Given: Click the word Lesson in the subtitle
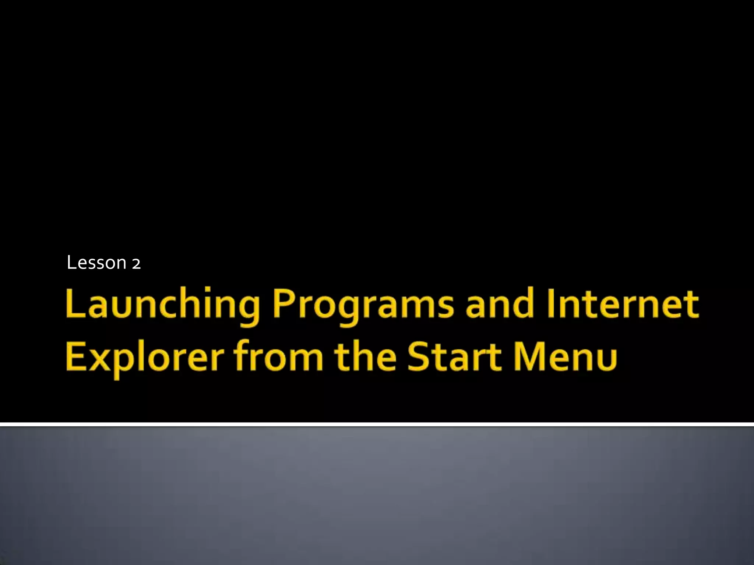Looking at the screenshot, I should pyautogui.click(x=96, y=263).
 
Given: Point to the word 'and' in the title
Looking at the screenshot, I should pyautogui.click(x=500, y=304).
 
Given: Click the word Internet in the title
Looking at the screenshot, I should pyautogui.click(x=623, y=304).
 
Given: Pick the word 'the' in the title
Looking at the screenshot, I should pyautogui.click(x=366, y=356).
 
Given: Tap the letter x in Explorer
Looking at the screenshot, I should pyautogui.click(x=98, y=359).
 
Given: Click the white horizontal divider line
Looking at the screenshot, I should pyautogui.click(x=377, y=424).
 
